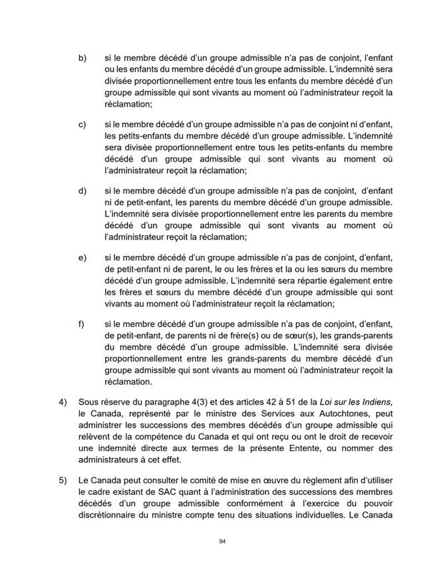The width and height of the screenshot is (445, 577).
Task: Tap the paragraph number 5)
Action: (x=63, y=481)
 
